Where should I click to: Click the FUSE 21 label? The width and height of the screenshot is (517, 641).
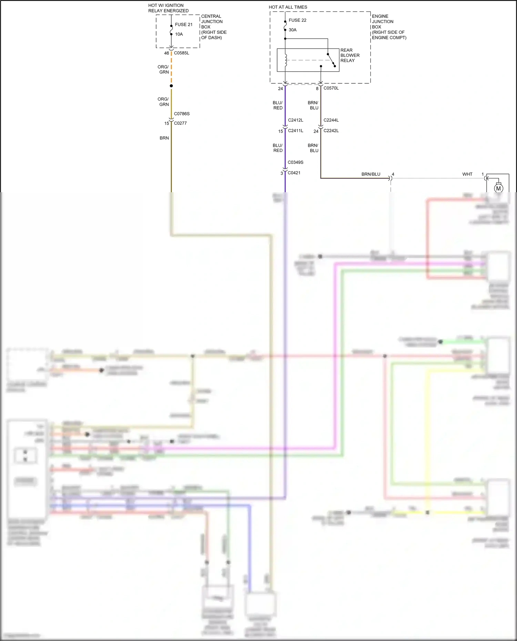click(x=183, y=24)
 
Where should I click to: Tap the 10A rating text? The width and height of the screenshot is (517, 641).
click(x=179, y=34)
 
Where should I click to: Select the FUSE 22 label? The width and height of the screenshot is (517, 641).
click(x=297, y=20)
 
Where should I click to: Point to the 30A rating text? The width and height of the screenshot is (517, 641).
click(x=293, y=30)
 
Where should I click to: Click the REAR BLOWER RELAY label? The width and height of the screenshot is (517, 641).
click(x=350, y=55)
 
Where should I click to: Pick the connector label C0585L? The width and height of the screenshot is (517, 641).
click(x=181, y=53)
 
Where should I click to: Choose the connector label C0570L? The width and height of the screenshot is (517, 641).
click(x=331, y=88)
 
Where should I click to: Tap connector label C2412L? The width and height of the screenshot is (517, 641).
click(x=295, y=120)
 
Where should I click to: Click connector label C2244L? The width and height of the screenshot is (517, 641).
click(x=331, y=120)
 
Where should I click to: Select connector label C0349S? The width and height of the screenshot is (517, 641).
click(x=295, y=162)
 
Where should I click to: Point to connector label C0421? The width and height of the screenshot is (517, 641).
click(x=294, y=173)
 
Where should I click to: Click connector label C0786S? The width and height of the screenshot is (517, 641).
click(x=182, y=114)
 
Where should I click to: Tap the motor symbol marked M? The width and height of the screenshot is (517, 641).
click(x=498, y=188)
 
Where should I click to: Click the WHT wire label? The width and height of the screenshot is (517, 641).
click(x=467, y=174)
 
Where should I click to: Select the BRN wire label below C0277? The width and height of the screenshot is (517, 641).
click(x=164, y=138)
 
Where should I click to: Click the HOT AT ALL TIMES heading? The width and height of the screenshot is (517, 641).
click(x=288, y=7)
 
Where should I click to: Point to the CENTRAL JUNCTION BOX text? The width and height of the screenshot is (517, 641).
click(x=213, y=27)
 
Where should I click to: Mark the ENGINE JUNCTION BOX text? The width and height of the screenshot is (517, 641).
click(x=388, y=27)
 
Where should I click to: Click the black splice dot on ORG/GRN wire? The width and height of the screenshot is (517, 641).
click(x=171, y=86)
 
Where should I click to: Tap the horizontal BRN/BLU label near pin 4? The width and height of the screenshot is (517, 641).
click(x=371, y=174)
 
